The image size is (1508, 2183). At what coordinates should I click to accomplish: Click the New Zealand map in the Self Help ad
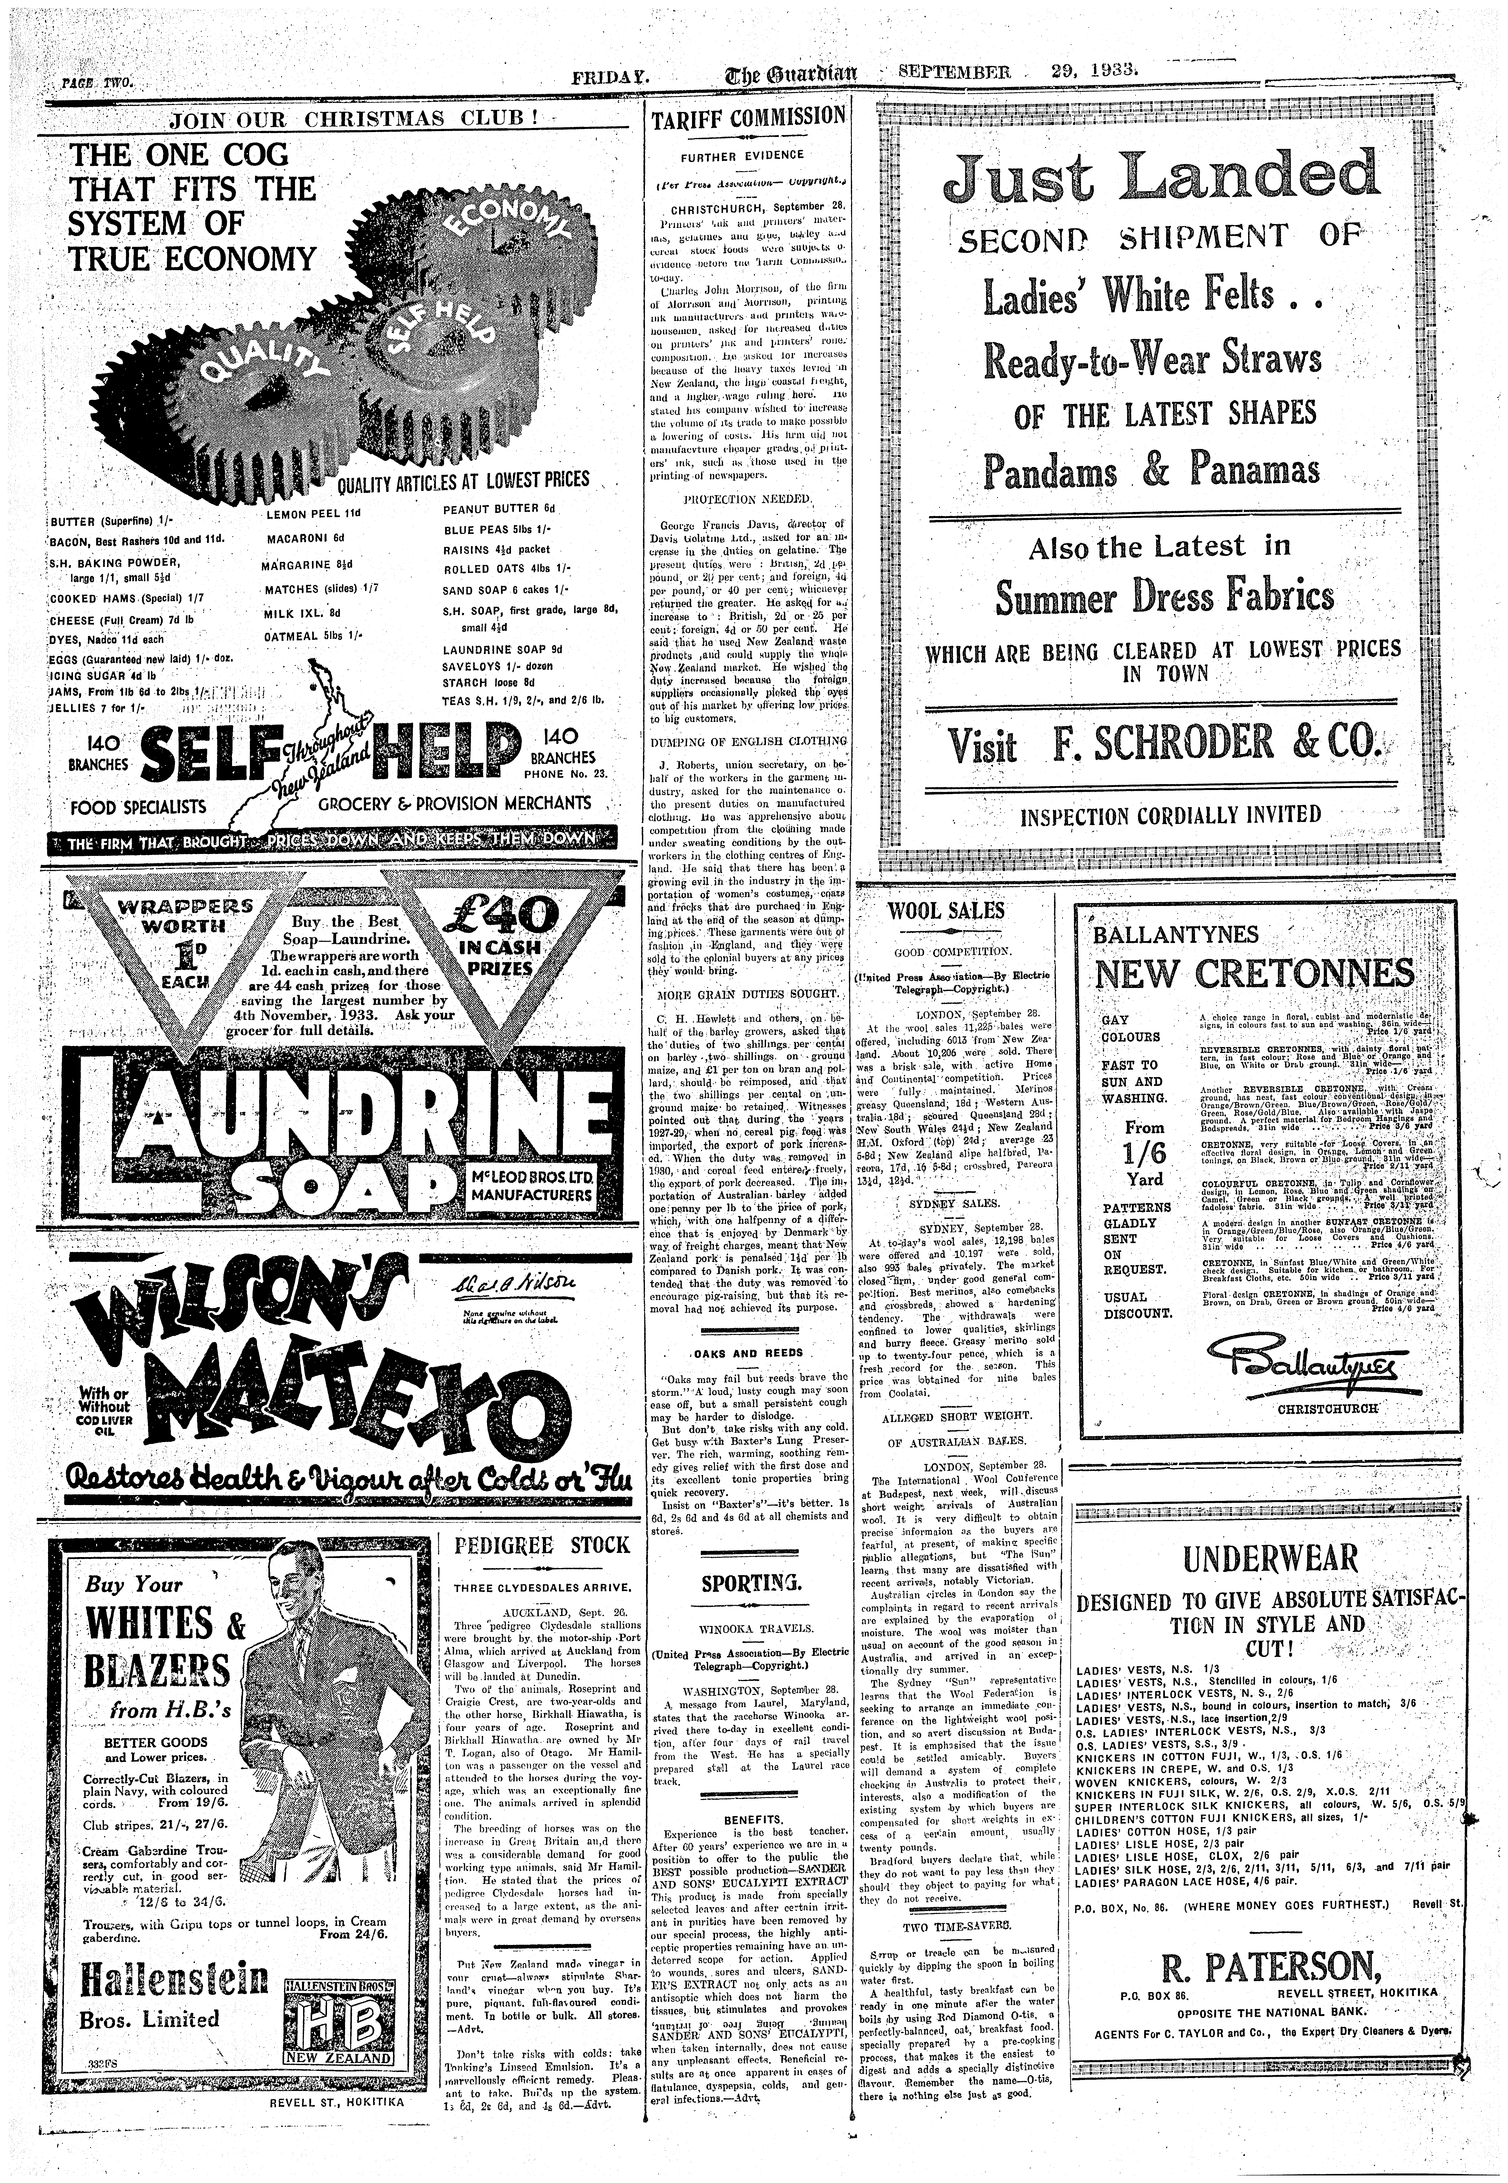point(312,747)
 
